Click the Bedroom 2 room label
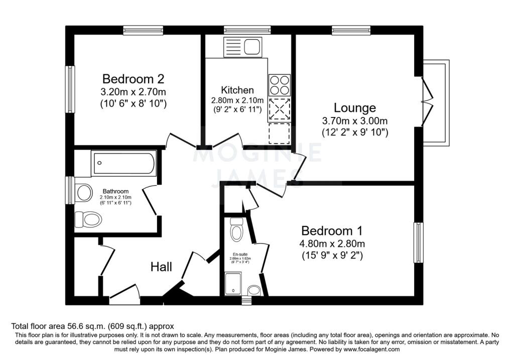pyautogui.click(x=133, y=79)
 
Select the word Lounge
pyautogui.click(x=355, y=108)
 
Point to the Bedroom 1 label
pyautogui.click(x=332, y=231)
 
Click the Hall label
pyautogui.click(x=162, y=267)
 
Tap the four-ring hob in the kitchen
pyautogui.click(x=280, y=84)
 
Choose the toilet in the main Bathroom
pyautogui.click(x=88, y=219)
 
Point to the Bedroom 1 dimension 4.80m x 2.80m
pyautogui.click(x=332, y=244)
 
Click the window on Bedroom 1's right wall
pyautogui.click(x=419, y=243)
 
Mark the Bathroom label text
pyautogui.click(x=115, y=191)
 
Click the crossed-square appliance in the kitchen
pyautogui.click(x=280, y=109)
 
